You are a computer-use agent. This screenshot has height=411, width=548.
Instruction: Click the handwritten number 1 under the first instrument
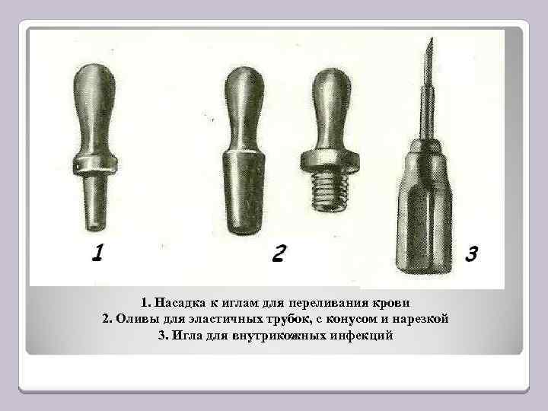[96, 253]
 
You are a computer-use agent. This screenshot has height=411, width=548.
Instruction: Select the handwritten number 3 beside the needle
[471, 252]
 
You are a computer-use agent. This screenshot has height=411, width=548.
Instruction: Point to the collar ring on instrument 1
[95, 161]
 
